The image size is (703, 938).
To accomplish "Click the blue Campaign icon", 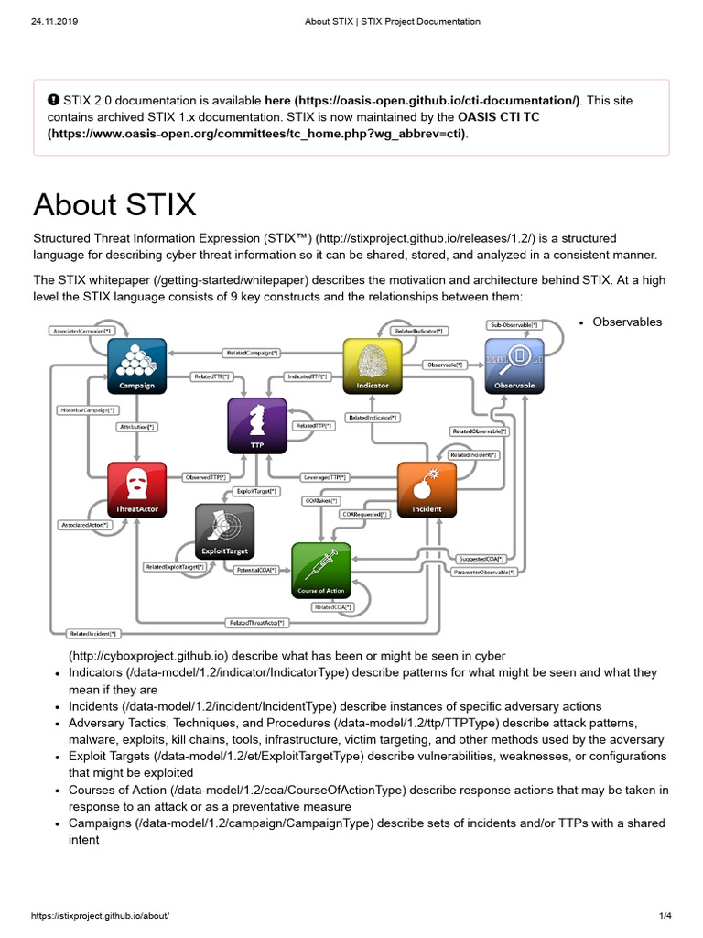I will (x=137, y=365).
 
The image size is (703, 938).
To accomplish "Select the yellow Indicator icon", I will (x=373, y=365).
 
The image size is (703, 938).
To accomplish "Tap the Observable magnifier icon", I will (x=514, y=365).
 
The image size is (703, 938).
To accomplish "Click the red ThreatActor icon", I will (x=137, y=490).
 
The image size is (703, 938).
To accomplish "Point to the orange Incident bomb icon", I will (x=427, y=489).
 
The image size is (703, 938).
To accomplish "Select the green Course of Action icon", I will (x=320, y=569).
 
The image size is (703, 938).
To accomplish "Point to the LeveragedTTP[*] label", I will (x=324, y=477).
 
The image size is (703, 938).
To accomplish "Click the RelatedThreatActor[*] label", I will (x=256, y=623).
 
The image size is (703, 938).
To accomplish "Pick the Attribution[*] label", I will (x=137, y=427).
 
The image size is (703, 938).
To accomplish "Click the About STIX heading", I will (x=114, y=204).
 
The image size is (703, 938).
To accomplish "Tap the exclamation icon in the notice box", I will (x=53, y=100).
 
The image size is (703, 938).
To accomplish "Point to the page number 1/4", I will (x=665, y=916).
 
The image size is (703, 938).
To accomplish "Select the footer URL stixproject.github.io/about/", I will (x=101, y=916).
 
